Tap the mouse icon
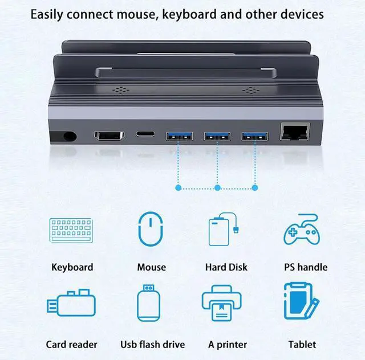[151, 229]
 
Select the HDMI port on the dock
[109, 137]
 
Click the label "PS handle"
[306, 267]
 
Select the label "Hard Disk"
[226, 267]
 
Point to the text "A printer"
[228, 344]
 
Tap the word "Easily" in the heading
[48, 14]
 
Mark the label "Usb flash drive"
[152, 344]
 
